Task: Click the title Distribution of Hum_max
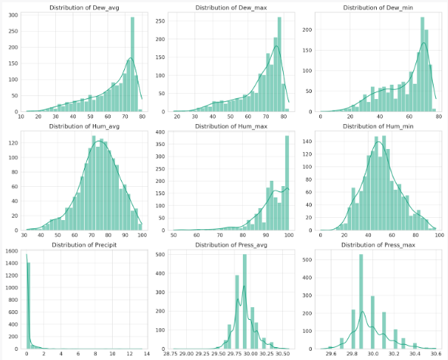coord(228,126)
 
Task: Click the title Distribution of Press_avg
coord(228,244)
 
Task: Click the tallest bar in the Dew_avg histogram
coord(132,68)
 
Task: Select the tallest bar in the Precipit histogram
coord(28,303)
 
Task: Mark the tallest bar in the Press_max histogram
coord(361,303)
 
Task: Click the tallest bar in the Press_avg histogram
coord(244,303)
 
